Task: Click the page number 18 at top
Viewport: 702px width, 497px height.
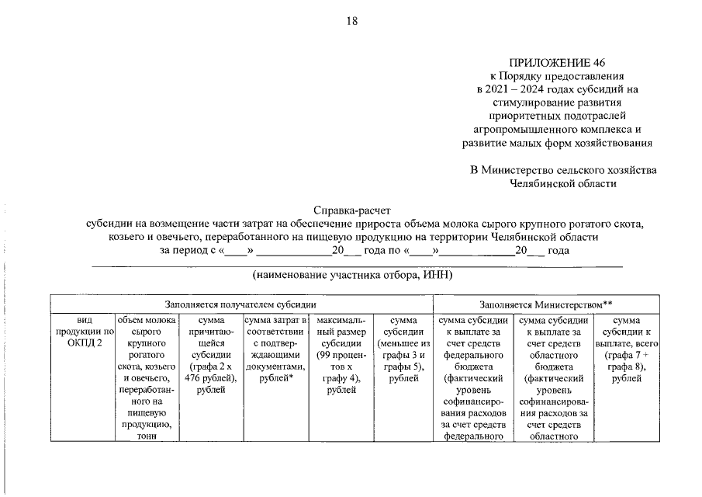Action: pos(351,21)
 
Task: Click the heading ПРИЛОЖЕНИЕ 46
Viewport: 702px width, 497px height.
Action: pos(564,62)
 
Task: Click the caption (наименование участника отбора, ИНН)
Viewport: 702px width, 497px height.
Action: pos(352,275)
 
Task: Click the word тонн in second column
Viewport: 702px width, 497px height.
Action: pos(146,436)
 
